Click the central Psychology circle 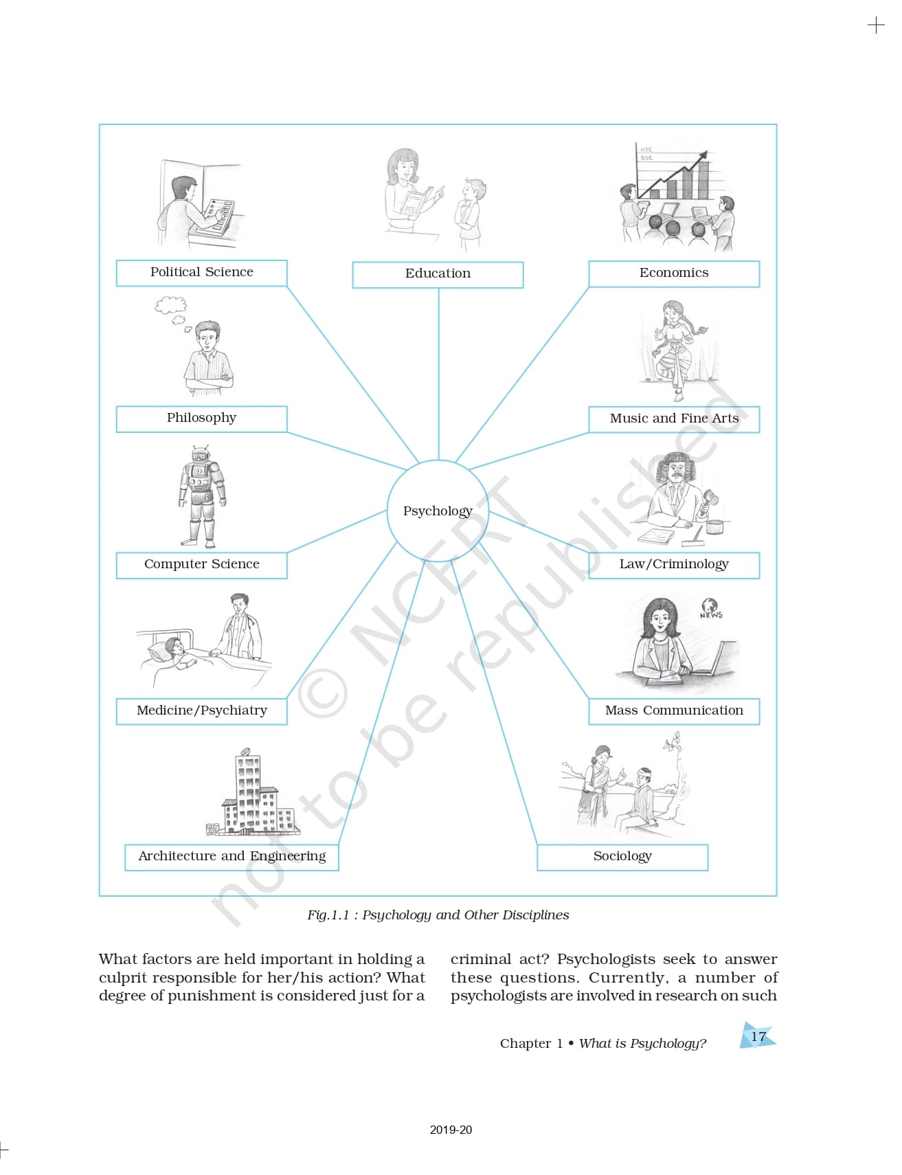[438, 511]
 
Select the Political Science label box [201, 272]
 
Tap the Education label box [438, 273]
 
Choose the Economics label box [673, 273]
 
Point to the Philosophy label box [201, 418]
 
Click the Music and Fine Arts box [673, 418]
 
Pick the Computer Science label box [201, 564]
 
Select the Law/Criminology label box [673, 564]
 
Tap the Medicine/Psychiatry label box [201, 710]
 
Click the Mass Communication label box [673, 710]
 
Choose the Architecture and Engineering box [232, 856]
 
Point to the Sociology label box [622, 856]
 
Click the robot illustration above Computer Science [201, 495]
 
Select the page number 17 [758, 1036]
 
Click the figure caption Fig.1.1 [438, 915]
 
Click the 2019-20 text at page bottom [451, 1130]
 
